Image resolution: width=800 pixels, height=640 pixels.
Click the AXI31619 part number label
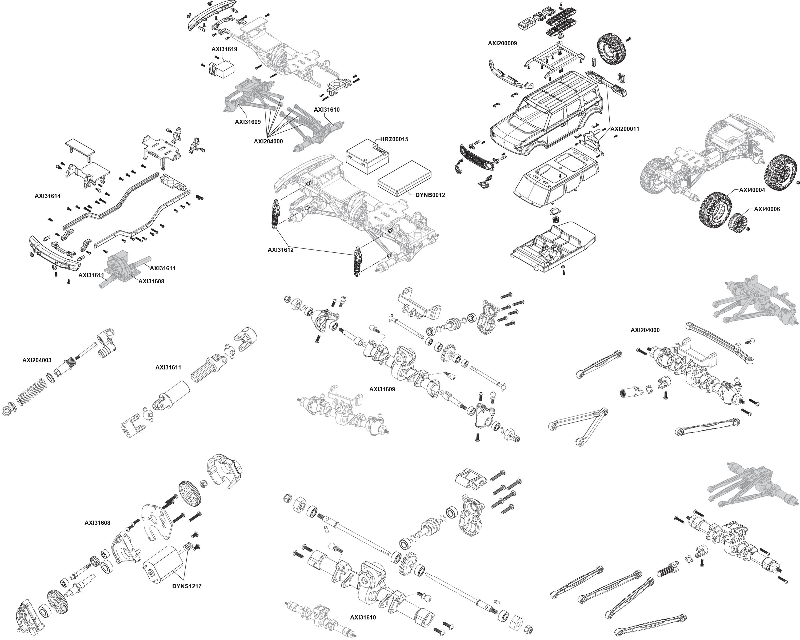point(224,49)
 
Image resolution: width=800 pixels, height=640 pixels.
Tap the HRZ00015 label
point(394,139)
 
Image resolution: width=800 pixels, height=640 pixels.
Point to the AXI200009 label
point(502,43)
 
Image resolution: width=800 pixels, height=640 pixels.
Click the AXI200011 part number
point(625,129)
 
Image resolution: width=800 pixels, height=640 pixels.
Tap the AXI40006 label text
point(767,209)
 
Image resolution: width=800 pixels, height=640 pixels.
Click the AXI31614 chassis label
point(47,196)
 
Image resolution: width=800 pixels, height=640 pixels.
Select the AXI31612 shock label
point(281,250)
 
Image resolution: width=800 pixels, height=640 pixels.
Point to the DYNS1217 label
point(187,586)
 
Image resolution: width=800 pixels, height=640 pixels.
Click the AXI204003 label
point(37,360)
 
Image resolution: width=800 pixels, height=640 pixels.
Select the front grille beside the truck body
point(477,157)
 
